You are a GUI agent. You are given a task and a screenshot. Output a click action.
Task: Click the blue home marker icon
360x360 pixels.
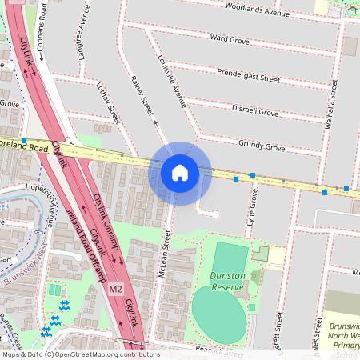coord(180,173)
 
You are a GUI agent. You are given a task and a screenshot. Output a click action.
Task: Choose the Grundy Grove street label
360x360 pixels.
coord(261,146)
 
